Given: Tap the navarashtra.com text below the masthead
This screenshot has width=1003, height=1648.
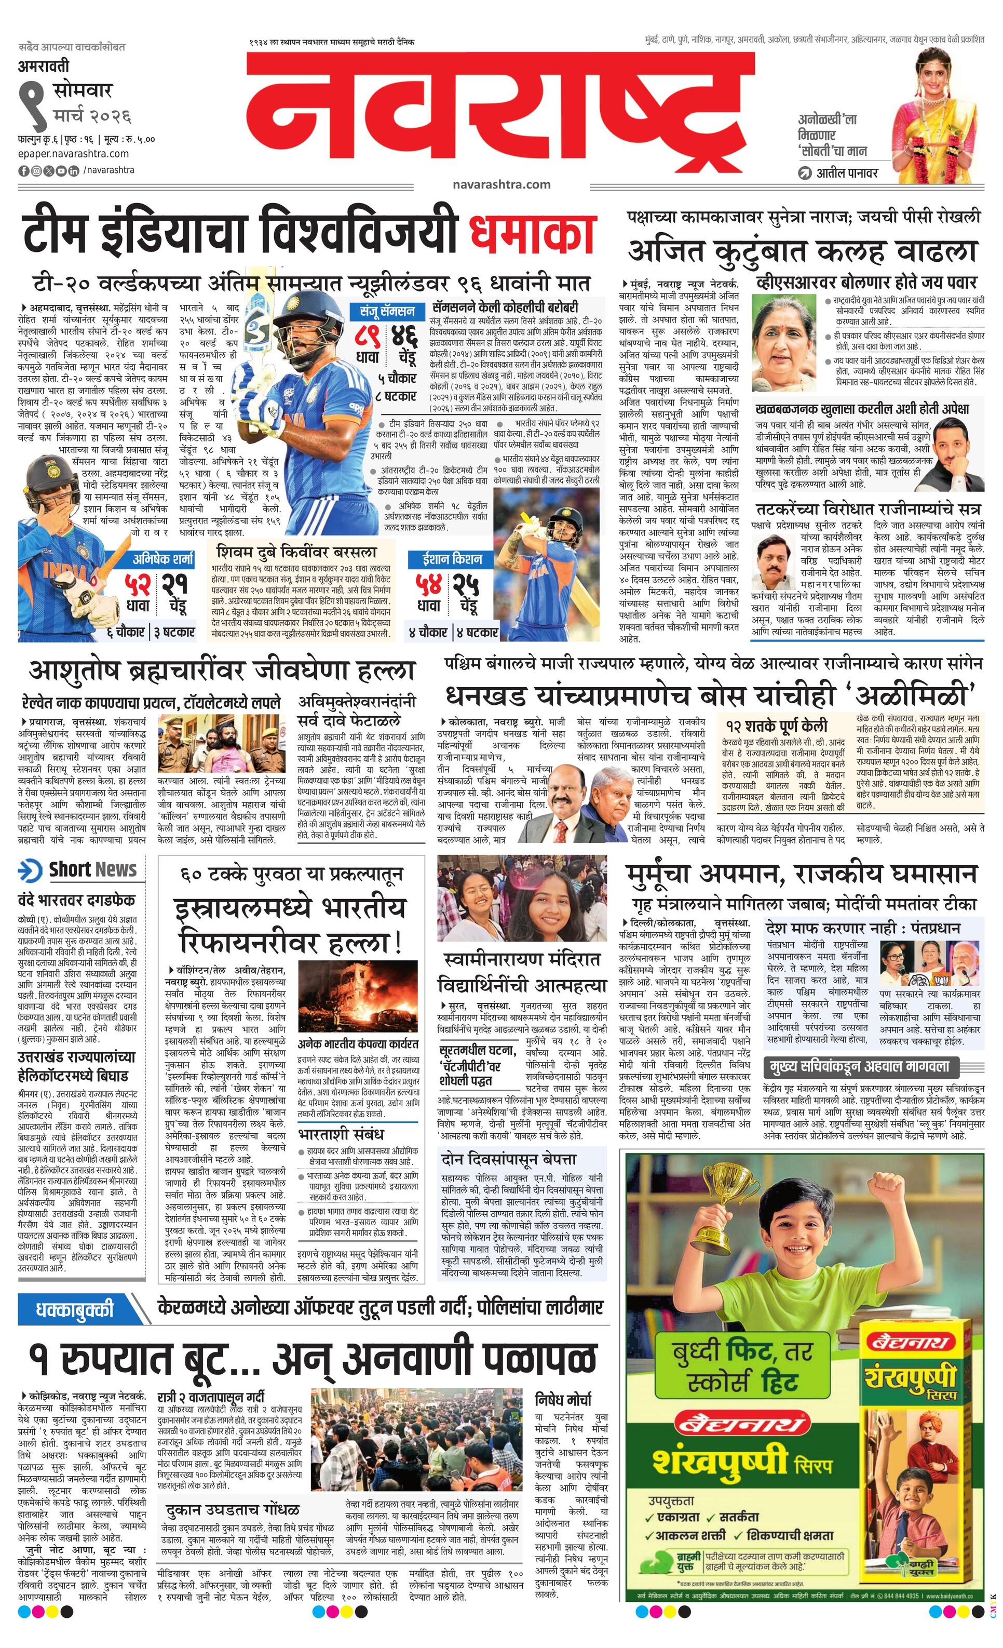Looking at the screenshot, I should pos(501,184).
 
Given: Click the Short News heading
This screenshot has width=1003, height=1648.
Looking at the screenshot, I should pos(92,869).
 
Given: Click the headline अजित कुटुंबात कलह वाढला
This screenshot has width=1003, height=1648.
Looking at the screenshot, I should pos(803,251).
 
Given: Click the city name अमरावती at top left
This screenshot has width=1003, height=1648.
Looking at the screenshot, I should pos(44,68).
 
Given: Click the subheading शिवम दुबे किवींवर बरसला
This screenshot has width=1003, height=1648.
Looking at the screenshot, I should pos(296,553).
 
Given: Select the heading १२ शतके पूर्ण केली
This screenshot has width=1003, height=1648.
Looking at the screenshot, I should pos(776,725).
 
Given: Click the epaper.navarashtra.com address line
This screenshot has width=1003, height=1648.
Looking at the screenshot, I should pos(74,154).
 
